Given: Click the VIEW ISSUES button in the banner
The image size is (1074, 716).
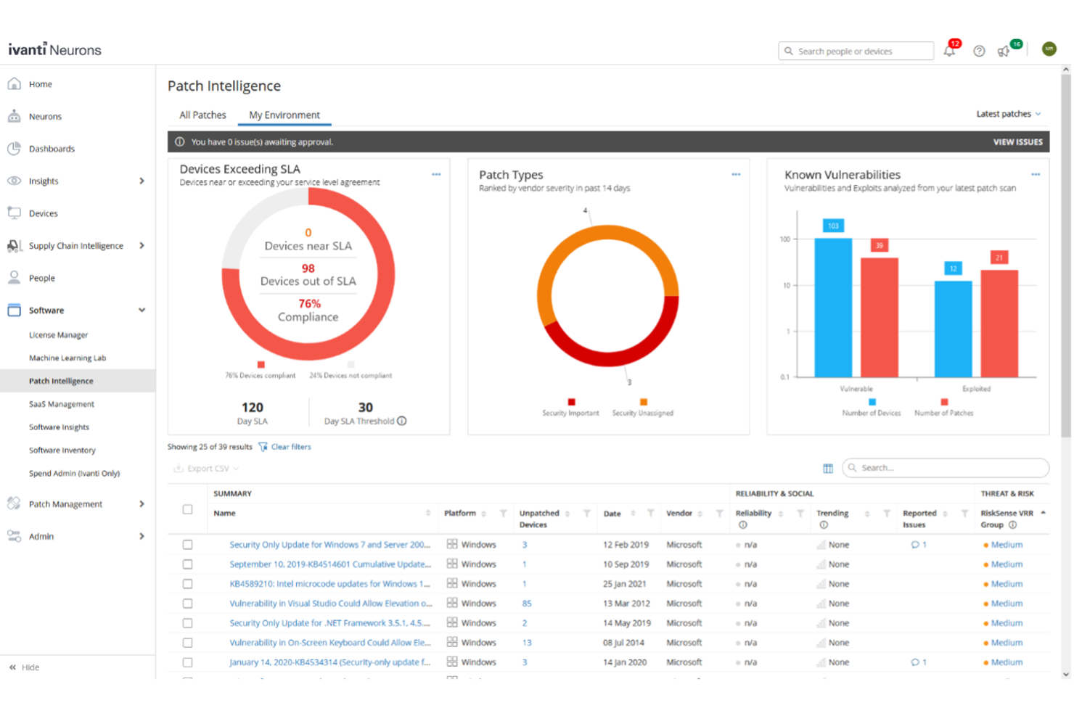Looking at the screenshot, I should pos(1017,142).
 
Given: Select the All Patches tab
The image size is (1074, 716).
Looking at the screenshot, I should pos(202,115).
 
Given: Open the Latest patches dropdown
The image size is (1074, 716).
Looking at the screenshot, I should pos(1008,114).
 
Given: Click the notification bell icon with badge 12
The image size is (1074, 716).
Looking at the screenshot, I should pos(949,51).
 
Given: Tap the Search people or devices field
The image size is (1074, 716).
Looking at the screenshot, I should pos(856,52).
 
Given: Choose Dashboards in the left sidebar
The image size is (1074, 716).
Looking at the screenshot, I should pos(52,149).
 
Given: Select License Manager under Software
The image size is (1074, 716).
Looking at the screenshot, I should pos(58,335).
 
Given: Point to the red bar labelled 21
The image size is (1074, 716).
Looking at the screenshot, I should pos(999,323).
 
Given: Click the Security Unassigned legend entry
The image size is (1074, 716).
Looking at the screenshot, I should pos(642,413).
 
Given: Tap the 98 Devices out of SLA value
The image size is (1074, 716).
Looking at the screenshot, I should pos(308,268).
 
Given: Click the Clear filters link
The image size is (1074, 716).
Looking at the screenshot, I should pos(290,447).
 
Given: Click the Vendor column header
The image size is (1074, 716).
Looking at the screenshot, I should pos(679,514).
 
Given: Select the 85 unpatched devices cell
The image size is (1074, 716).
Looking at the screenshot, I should pos(527,604).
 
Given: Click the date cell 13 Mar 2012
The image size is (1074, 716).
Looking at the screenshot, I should pos(626,604).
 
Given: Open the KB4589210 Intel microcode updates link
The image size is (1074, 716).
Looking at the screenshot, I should pos(329,584).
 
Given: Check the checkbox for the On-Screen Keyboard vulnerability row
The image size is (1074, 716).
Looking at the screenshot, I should pos(187,643).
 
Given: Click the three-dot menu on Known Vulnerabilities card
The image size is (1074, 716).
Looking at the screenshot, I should pos(1036,175).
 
